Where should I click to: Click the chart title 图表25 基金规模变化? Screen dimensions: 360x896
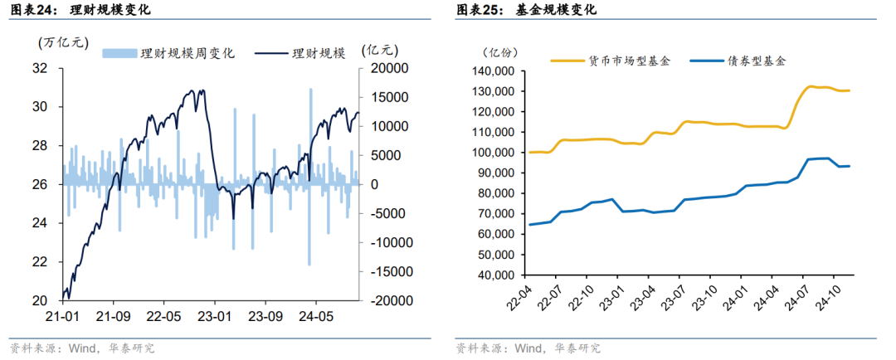click(525, 11)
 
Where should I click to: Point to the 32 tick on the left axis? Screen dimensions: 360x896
click(40, 68)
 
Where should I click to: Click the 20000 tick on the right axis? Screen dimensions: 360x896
click(382, 68)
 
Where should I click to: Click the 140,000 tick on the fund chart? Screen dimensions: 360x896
click(494, 71)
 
